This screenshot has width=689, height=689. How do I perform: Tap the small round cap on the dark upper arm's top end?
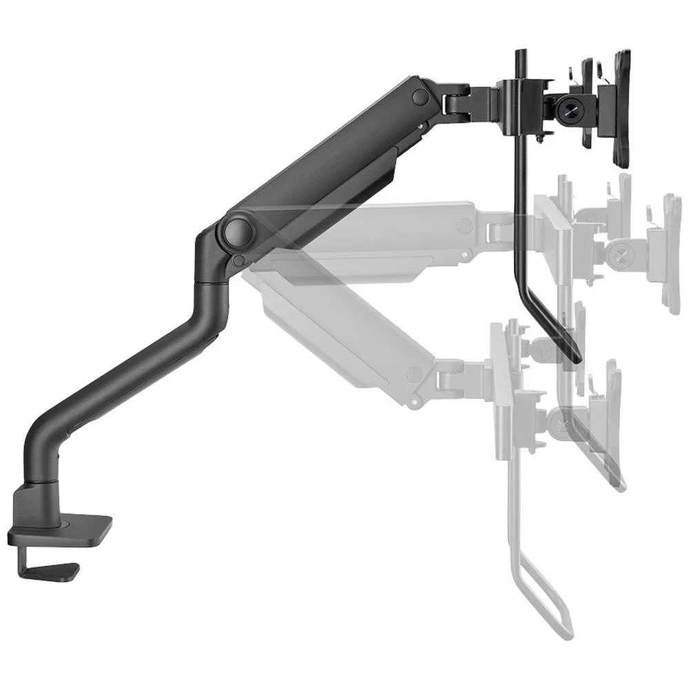pos(418,96)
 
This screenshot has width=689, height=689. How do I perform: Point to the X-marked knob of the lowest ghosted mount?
pos(566,416)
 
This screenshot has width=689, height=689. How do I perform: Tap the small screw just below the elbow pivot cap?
pos(238,260)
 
